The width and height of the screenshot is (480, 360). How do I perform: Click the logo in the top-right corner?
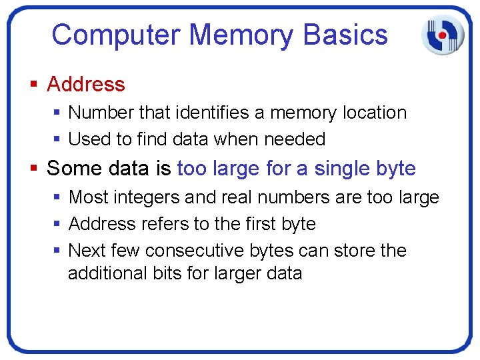coord(442,34)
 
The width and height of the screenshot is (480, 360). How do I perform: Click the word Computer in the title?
coord(116,35)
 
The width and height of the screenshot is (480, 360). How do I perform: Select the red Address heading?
coord(86,85)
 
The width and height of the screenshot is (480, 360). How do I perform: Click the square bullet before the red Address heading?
coord(34,85)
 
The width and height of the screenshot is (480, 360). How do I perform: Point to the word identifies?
coord(208,113)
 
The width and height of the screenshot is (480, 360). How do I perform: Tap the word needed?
coord(295,139)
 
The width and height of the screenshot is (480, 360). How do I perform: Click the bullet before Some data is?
coord(34,169)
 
